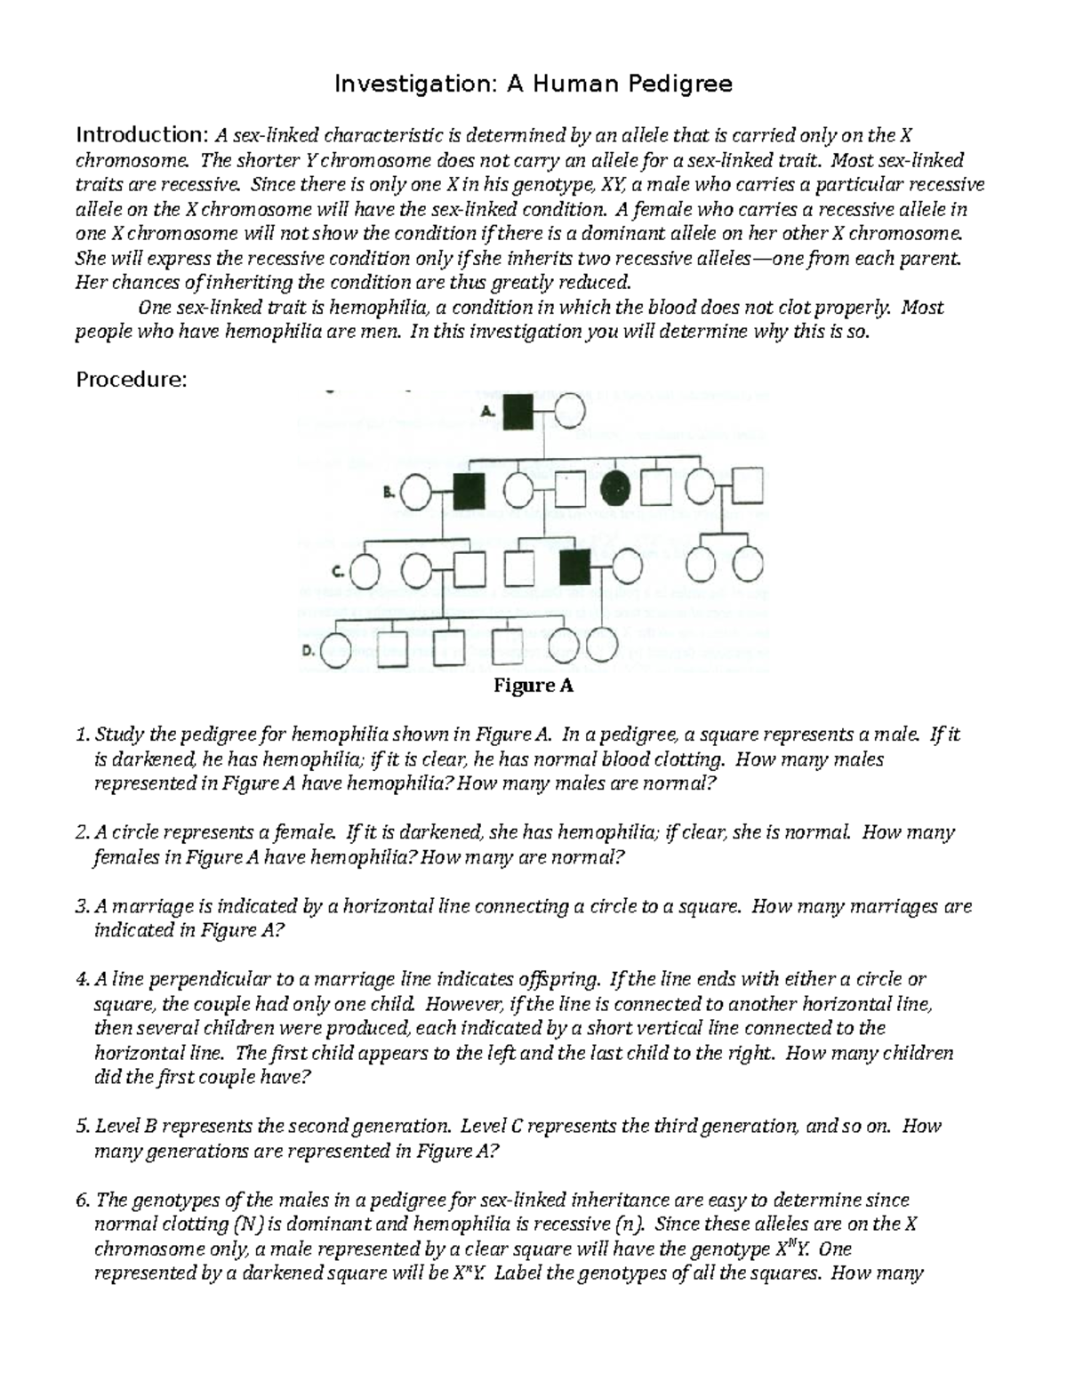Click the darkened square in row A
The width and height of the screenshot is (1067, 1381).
tap(518, 412)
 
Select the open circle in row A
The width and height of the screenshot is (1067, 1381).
tap(571, 412)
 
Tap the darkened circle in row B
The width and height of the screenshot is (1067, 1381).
tap(616, 488)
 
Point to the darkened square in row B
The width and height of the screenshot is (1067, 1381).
tap(469, 490)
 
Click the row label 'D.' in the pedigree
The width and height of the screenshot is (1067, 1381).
tap(308, 650)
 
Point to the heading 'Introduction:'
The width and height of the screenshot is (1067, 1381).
tap(141, 135)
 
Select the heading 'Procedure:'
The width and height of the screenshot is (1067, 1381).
tap(132, 380)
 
